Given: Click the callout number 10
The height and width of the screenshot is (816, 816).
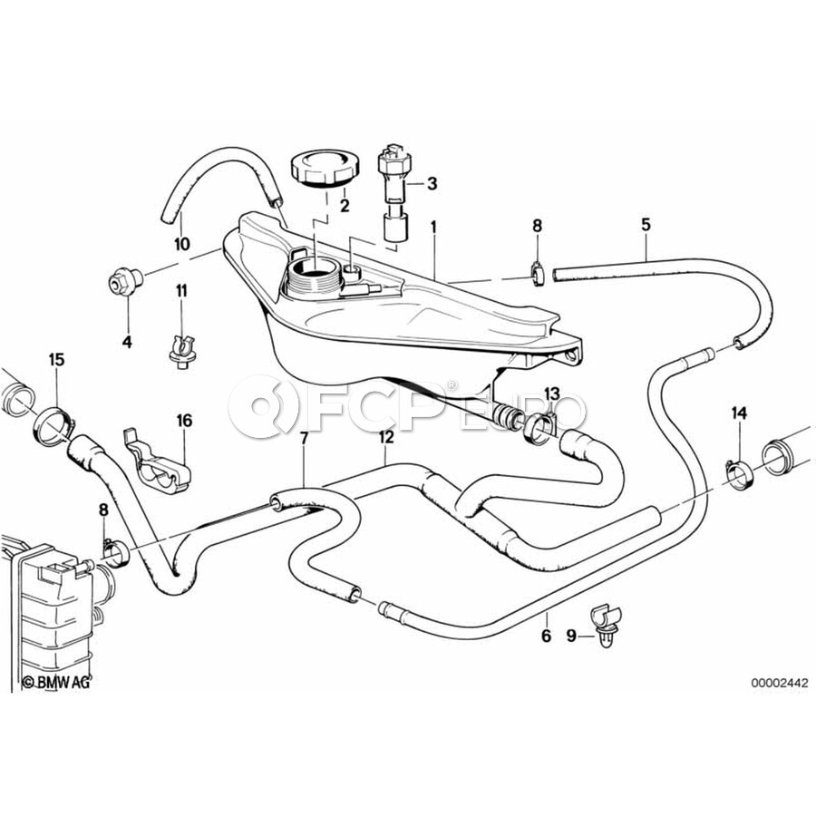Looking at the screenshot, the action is (x=181, y=244).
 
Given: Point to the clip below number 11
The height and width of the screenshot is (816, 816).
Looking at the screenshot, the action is (x=182, y=351).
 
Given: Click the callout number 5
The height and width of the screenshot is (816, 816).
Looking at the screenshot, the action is (x=646, y=225).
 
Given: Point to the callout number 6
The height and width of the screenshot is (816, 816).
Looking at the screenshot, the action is (x=546, y=636).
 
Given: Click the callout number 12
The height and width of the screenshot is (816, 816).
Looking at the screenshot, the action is (x=385, y=438).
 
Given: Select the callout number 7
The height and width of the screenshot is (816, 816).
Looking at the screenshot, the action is (x=304, y=439).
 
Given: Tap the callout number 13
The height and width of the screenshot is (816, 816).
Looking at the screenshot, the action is (x=551, y=393).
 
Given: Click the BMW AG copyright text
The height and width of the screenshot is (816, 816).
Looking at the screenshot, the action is (x=57, y=682).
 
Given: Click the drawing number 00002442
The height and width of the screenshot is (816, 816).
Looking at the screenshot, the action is (x=780, y=683).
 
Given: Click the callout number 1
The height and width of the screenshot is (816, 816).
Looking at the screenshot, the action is (x=433, y=228).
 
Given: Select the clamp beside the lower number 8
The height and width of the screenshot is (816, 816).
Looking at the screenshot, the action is (x=116, y=553).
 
